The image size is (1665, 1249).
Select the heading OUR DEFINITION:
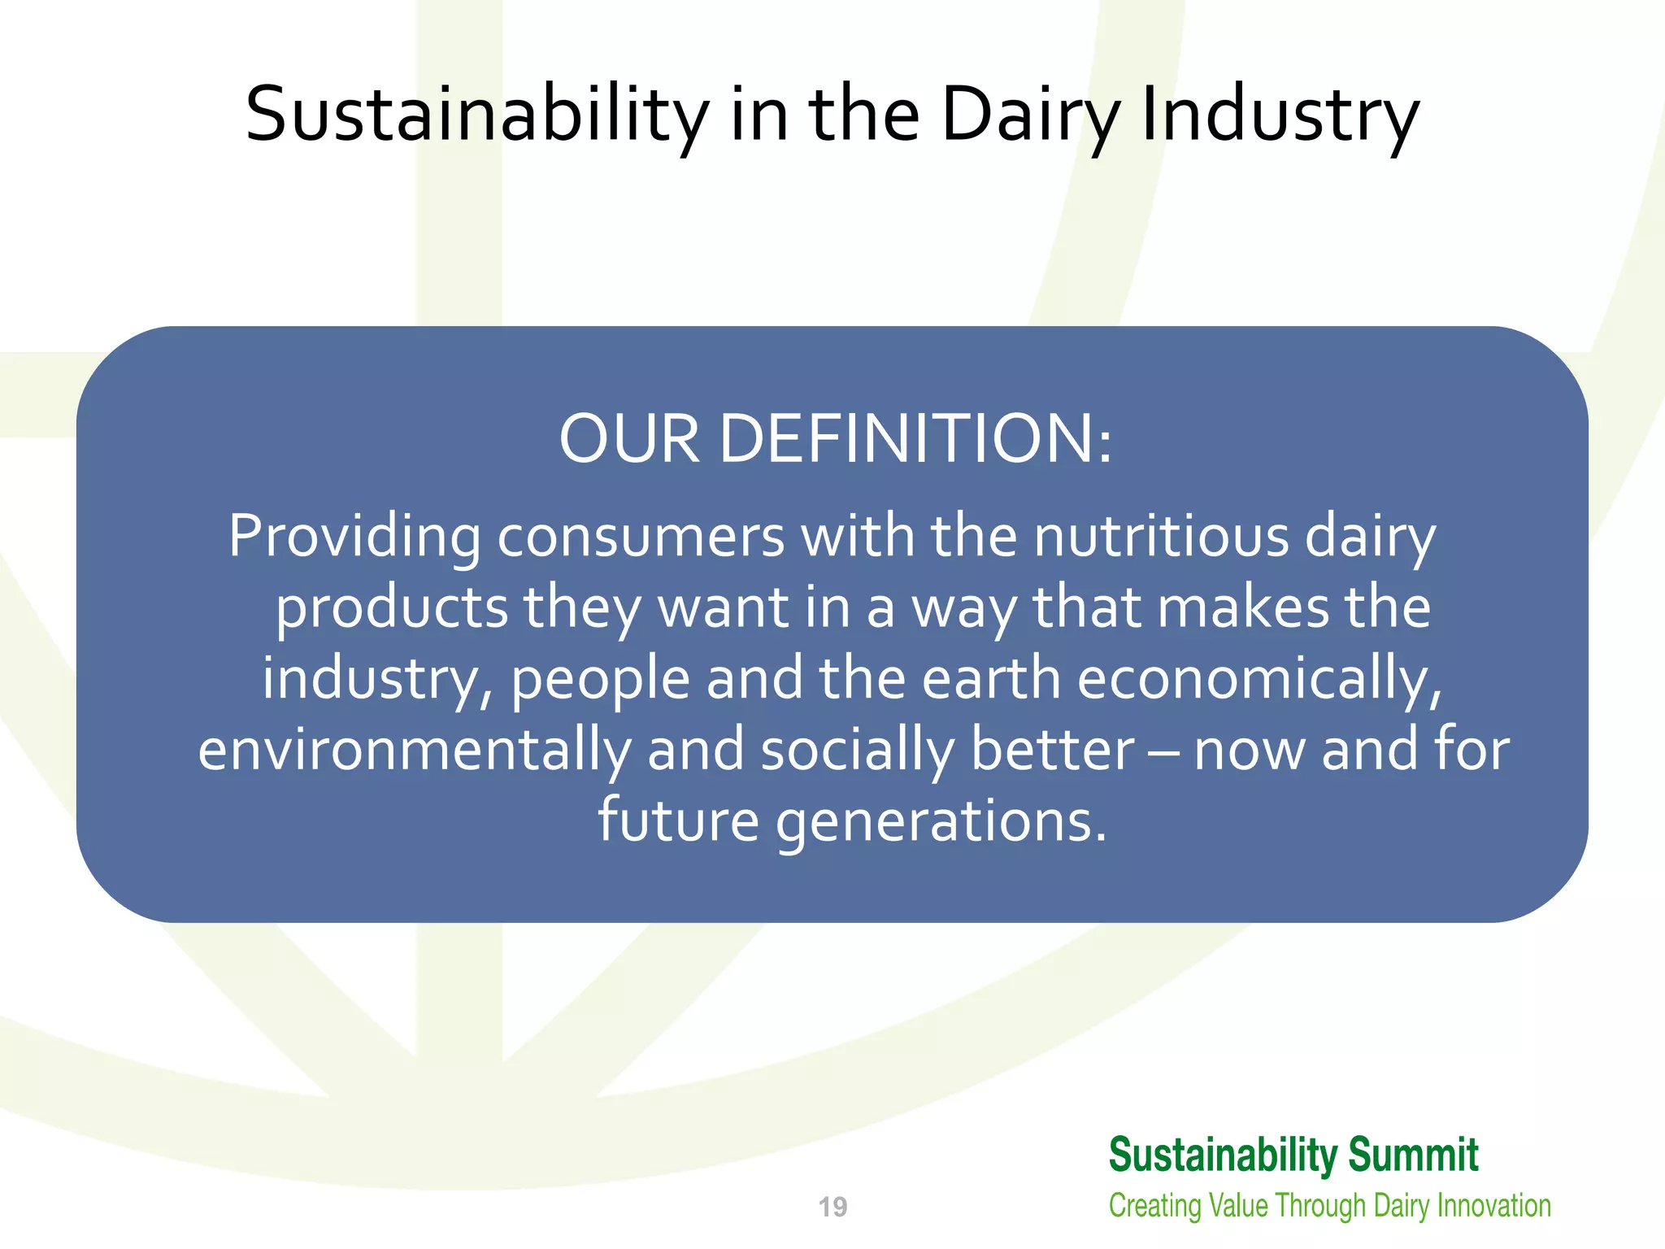pos(835,439)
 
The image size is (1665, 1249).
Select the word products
pos(392,609)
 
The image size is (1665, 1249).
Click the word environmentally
pos(414,751)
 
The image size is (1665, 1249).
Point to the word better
pos(1052,751)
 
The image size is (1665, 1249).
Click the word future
pos(678,820)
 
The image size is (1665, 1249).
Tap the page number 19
pos(832,1207)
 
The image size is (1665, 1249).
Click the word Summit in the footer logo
pos(1413,1155)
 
